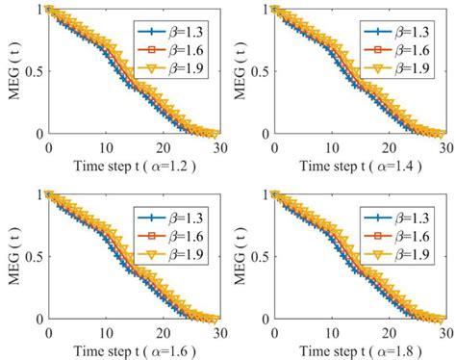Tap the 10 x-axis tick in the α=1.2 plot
105,147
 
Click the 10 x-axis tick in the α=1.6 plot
105,332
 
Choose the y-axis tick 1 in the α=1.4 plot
266,10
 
